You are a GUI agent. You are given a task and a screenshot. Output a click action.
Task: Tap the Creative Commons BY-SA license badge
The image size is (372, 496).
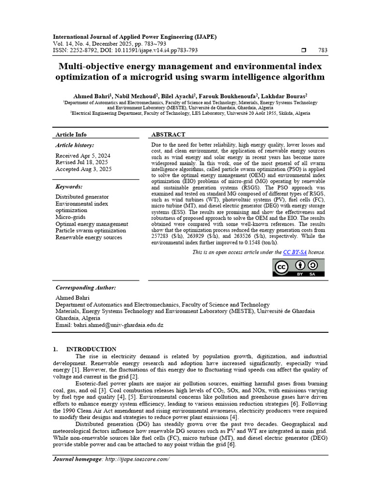(x=299, y=267)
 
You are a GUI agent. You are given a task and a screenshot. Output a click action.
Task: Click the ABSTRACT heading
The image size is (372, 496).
(x=168, y=135)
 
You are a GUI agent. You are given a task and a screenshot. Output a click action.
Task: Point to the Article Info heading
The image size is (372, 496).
(x=71, y=135)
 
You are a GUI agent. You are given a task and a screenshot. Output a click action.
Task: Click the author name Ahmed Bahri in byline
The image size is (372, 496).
(x=88, y=96)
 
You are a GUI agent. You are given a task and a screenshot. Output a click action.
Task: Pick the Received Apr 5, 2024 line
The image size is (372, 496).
(x=83, y=155)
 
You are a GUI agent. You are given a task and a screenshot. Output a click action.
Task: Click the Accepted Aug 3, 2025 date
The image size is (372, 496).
(x=83, y=169)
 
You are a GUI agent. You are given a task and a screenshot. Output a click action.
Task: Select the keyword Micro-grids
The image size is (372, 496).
(x=71, y=217)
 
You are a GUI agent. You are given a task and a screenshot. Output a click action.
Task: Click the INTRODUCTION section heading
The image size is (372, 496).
(x=91, y=349)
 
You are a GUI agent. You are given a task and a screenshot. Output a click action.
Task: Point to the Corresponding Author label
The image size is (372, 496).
(x=86, y=287)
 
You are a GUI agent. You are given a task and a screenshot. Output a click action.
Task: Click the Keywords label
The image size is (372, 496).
(x=69, y=186)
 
